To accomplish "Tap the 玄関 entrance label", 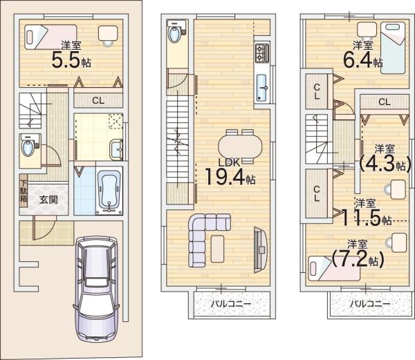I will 48,200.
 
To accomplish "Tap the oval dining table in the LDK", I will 240,146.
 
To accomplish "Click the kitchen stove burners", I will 263,51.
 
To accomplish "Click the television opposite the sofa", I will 259,246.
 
